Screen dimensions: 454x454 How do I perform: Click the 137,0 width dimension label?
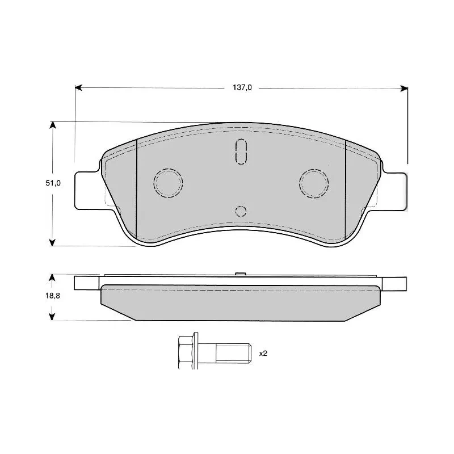242,87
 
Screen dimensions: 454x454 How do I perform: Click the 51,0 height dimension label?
53,183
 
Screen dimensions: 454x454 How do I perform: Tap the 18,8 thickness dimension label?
53,296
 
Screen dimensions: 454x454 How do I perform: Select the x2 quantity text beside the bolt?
263,354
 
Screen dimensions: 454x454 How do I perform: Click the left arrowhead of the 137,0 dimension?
78,88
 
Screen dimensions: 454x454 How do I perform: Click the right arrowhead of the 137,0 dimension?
404,89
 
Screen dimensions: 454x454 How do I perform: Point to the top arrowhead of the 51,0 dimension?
52,125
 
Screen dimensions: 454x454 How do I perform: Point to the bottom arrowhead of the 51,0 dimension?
52,243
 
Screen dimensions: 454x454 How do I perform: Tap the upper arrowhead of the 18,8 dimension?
52,278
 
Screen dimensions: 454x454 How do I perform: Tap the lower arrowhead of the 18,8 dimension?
52,317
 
